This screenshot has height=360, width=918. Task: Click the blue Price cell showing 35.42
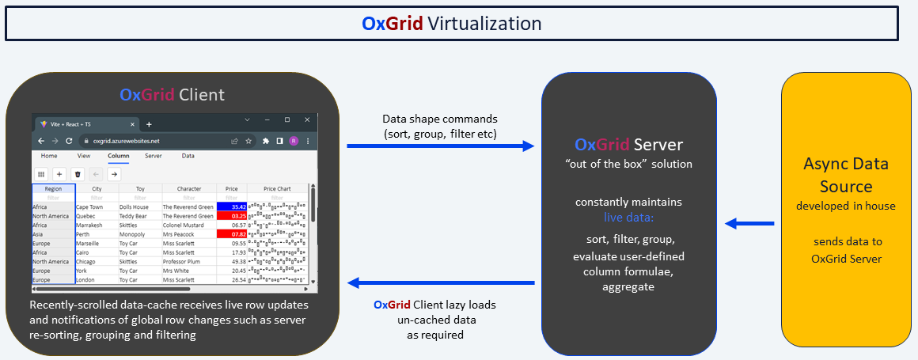click(230, 207)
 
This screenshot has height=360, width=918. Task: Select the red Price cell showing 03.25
click(230, 216)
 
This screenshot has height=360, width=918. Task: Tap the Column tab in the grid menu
click(118, 156)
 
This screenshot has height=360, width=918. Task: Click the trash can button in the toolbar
click(78, 173)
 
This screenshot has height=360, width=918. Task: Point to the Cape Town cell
click(90, 207)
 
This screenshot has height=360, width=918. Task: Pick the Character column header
click(188, 189)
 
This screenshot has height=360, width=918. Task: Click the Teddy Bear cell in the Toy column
click(134, 216)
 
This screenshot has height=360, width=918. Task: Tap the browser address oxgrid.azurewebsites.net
click(127, 141)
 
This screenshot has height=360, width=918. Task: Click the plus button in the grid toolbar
click(59, 173)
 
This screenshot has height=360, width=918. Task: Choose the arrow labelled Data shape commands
click(440, 146)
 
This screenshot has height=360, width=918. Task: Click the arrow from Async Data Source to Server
click(749, 224)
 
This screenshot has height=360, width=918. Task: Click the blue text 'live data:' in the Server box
click(630, 216)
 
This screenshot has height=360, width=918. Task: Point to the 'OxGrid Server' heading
click(628, 146)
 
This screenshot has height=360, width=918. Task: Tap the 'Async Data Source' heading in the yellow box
click(845, 176)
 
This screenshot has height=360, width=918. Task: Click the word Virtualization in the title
click(484, 24)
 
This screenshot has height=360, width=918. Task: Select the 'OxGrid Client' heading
click(172, 95)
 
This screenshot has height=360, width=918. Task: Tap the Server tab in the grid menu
click(154, 156)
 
